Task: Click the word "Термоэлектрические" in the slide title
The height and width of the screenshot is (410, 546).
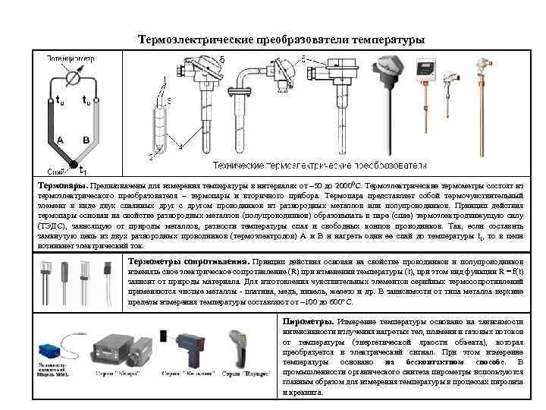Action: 189,39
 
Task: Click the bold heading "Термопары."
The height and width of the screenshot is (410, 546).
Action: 64,184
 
